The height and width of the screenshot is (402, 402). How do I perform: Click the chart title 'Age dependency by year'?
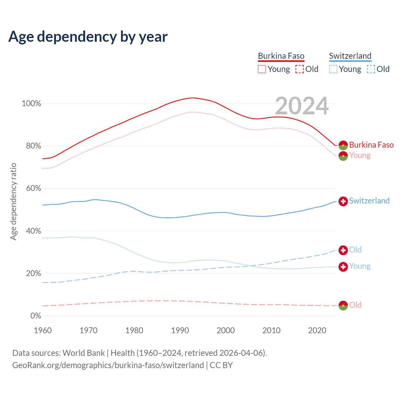pos(88,37)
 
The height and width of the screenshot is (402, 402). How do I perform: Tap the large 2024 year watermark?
pos(302,106)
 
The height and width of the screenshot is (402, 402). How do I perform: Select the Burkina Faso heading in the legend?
pos(281,56)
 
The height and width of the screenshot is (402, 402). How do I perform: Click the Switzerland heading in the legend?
pos(350,56)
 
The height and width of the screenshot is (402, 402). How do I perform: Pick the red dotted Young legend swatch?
pos(262,69)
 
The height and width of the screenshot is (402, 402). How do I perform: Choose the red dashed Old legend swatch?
pos(300,69)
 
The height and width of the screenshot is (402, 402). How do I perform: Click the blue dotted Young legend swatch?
pos(333,69)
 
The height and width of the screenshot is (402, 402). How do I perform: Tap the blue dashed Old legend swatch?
pos(371,69)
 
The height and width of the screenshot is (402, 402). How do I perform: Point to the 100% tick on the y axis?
pos(31,103)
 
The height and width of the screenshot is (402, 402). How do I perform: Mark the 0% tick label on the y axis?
pos(36,316)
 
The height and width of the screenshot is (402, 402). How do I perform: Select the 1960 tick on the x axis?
pos(43,330)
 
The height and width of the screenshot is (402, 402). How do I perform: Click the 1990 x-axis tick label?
pos(180,330)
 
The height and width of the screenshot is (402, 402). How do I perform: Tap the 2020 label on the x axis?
pos(317,330)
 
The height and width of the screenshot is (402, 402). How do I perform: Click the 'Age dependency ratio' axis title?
pos(13,201)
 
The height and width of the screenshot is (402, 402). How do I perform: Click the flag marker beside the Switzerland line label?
pos(343,201)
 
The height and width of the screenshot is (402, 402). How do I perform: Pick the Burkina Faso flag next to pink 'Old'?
pos(343,305)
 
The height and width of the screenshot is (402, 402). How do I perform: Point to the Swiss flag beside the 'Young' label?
pos(343,267)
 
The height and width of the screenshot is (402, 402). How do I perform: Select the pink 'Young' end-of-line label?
pos(360,155)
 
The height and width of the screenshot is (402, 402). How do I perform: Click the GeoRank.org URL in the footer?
pos(108,365)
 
